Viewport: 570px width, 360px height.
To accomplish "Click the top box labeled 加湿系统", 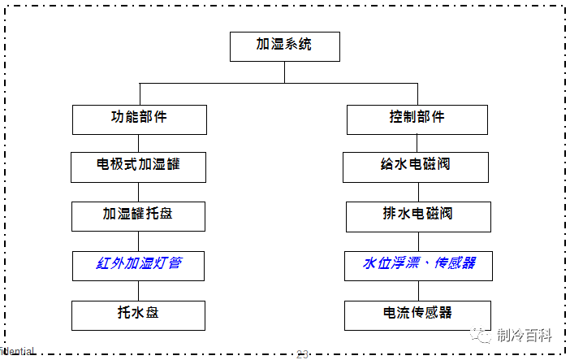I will click(283, 46).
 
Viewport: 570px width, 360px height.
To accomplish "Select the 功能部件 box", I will click(139, 119).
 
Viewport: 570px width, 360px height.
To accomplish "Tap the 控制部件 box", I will click(417, 119).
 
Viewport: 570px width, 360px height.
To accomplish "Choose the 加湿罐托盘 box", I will click(138, 215).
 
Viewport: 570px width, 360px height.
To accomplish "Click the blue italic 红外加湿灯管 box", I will click(138, 265).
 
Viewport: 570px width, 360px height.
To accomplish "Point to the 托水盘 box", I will click(138, 314).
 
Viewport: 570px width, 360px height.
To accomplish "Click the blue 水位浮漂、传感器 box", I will click(417, 265).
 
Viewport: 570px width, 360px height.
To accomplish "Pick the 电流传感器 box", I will click(417, 314).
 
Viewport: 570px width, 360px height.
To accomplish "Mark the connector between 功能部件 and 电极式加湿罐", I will click(139, 143).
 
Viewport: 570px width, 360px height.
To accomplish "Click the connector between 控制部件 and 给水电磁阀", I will click(417, 143).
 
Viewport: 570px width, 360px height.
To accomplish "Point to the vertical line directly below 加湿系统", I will click(283, 72).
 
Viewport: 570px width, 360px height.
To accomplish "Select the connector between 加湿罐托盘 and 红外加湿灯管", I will click(139, 241).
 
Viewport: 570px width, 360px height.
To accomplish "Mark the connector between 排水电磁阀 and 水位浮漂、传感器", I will click(417, 241).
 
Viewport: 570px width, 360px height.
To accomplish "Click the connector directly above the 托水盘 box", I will click(139, 290).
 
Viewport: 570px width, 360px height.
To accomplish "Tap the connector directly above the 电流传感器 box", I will click(417, 290).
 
